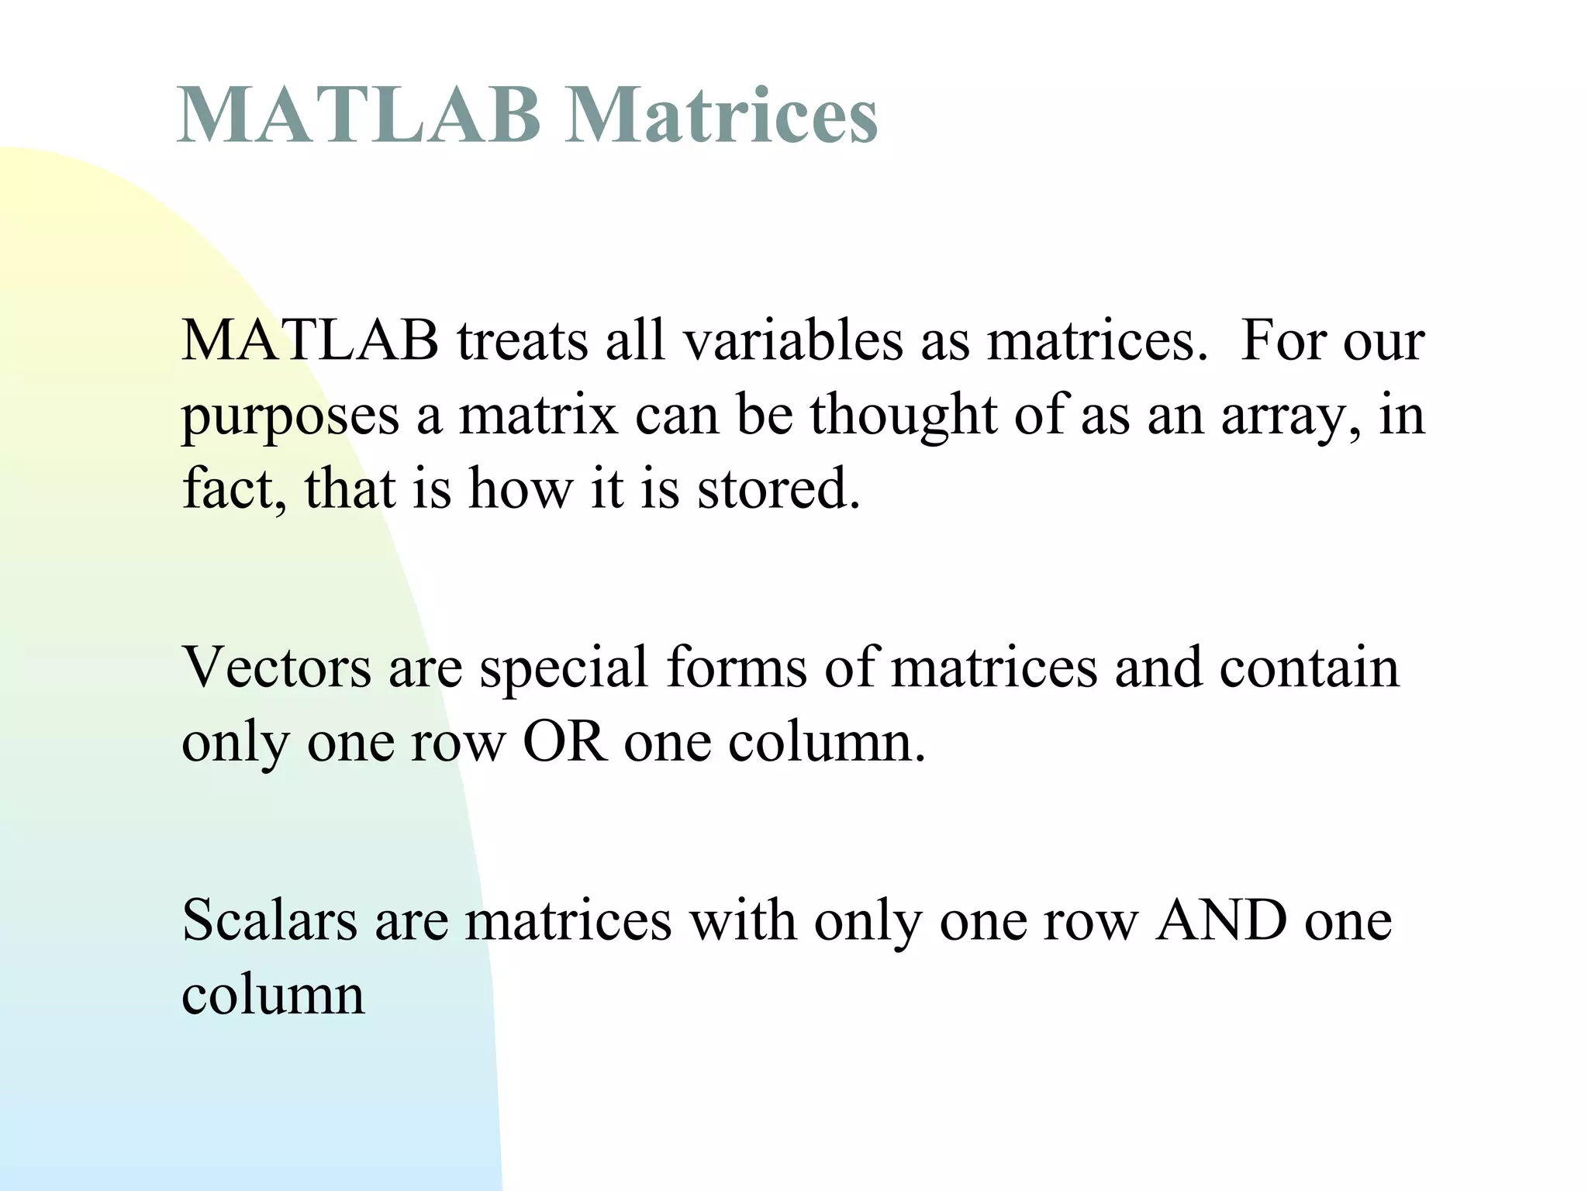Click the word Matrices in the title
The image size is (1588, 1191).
click(721, 116)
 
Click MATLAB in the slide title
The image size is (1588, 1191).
click(358, 116)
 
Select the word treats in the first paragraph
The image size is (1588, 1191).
click(522, 341)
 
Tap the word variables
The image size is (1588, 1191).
click(792, 341)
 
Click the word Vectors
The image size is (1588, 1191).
click(276, 668)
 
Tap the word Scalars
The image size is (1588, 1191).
click(270, 921)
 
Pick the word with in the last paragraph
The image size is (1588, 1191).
click(743, 921)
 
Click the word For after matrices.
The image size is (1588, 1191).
click(1284, 341)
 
